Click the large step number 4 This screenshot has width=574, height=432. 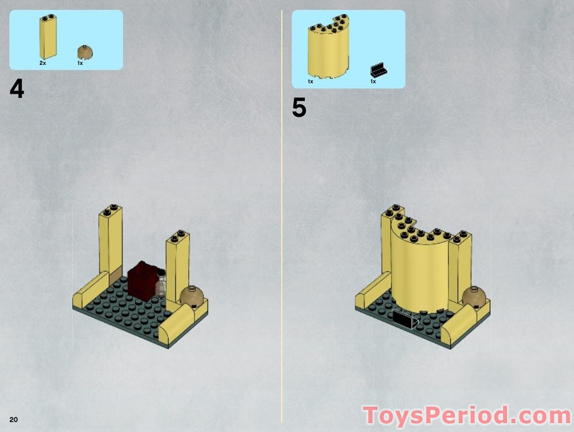17,90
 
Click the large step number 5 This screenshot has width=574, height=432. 299,108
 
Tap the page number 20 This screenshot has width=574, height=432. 14,419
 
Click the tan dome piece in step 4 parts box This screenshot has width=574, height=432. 85,52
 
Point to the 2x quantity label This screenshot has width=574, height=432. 42,63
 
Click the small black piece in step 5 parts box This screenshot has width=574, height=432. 378,71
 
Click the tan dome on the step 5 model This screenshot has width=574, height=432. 473,297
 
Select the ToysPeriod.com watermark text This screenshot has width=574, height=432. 467,416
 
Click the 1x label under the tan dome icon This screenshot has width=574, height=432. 80,63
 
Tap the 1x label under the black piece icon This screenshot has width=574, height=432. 373,81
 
